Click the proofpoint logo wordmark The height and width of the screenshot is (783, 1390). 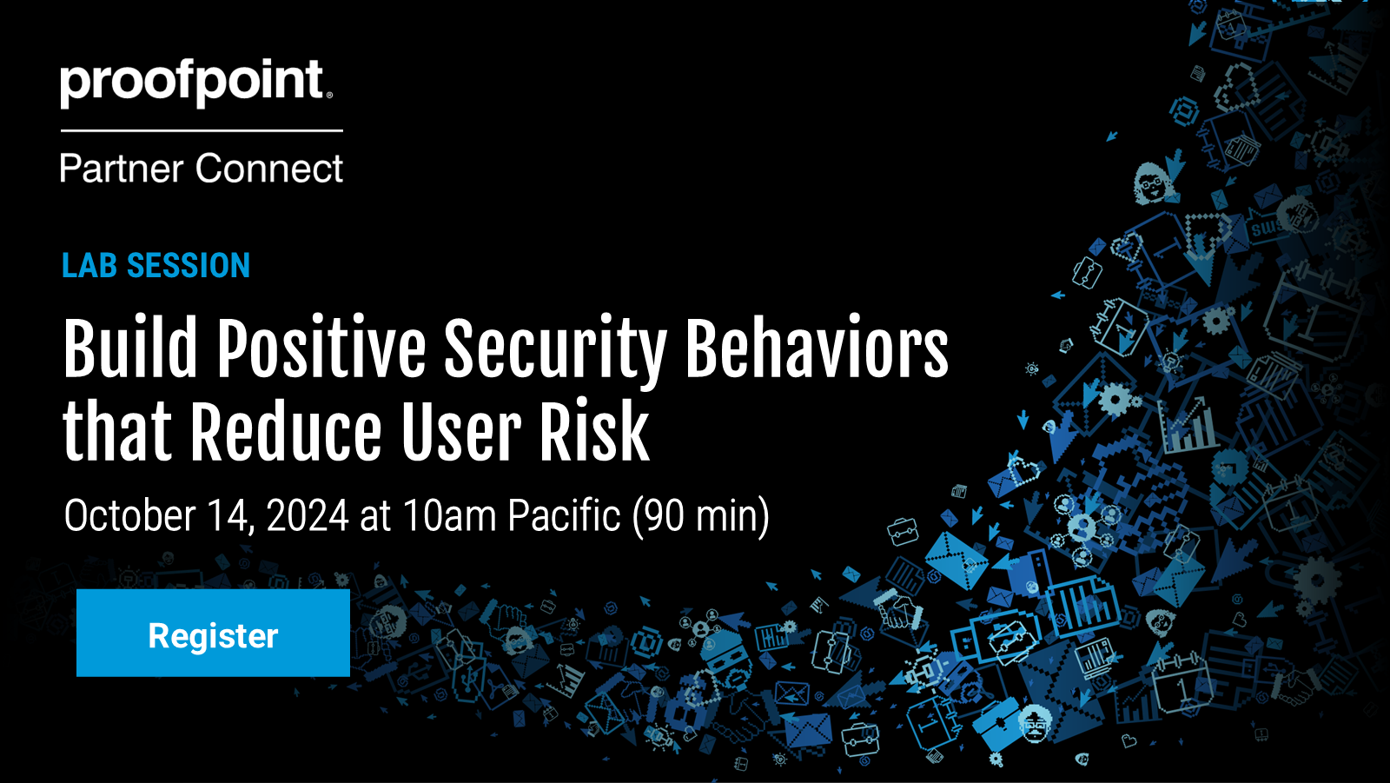pyautogui.click(x=196, y=83)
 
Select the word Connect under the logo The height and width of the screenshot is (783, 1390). pyautogui.click(x=269, y=169)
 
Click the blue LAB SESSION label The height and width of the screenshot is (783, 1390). pyautogui.click(x=156, y=266)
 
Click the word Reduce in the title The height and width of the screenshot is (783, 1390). pyautogui.click(x=286, y=431)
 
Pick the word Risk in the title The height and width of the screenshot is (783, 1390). pyautogui.click(x=594, y=431)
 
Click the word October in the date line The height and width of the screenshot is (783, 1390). pyautogui.click(x=129, y=515)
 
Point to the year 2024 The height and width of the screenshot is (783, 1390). pyautogui.click(x=308, y=515)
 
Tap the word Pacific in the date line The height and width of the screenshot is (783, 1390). pyautogui.click(x=564, y=515)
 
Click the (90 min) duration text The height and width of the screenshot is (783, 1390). pyautogui.click(x=700, y=516)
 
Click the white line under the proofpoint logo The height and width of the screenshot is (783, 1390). pyautogui.click(x=202, y=130)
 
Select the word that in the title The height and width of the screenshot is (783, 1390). pyautogui.click(x=117, y=431)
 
